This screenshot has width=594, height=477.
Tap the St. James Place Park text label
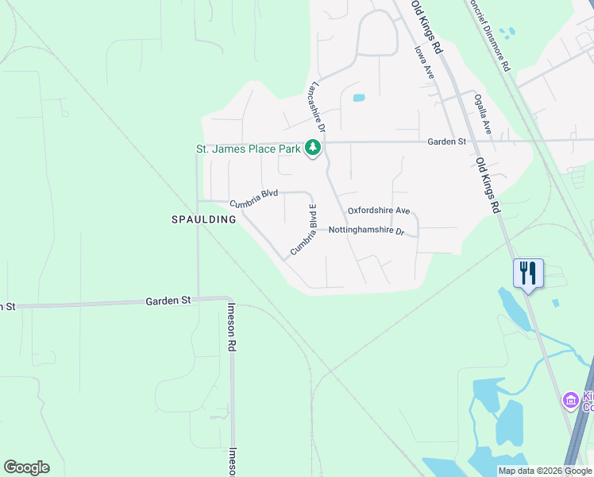pyautogui.click(x=249, y=149)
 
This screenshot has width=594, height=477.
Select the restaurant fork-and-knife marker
pyautogui.click(x=527, y=273)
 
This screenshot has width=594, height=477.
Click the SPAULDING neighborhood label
pyautogui.click(x=204, y=219)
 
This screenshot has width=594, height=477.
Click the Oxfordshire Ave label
pyautogui.click(x=378, y=211)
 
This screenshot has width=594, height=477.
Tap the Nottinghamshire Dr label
pyautogui.click(x=366, y=231)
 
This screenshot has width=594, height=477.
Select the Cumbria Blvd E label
pyautogui.click(x=303, y=230)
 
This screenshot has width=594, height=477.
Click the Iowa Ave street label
pyautogui.click(x=424, y=61)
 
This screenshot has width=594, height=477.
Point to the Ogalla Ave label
pyautogui.click(x=483, y=114)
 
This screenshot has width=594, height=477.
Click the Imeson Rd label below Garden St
pyautogui.click(x=231, y=327)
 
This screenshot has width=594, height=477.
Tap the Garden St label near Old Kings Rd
pyautogui.click(x=445, y=142)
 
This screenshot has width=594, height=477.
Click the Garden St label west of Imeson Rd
pyautogui.click(x=168, y=301)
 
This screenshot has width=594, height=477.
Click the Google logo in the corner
pyautogui.click(x=26, y=467)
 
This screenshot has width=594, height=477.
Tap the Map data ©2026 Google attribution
pyautogui.click(x=545, y=471)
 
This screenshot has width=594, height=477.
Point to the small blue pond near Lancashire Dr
pyautogui.click(x=358, y=99)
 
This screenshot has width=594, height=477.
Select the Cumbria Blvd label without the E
pyautogui.click(x=253, y=198)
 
